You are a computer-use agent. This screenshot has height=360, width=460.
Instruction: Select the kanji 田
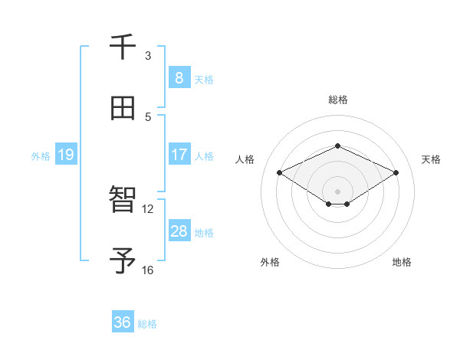point(123,108)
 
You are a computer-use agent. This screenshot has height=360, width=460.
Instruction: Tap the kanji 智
point(123,201)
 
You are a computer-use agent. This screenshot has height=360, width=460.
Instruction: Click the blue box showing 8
point(179,77)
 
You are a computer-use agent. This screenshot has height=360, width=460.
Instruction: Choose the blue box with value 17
point(179,155)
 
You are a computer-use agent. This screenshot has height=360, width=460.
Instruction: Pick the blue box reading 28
point(179,231)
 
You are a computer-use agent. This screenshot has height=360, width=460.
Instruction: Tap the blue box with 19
point(65,155)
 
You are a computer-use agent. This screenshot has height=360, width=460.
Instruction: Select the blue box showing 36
point(122,322)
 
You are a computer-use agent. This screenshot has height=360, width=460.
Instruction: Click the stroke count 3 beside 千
point(148,55)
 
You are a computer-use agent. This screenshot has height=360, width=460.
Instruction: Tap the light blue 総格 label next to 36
point(147,324)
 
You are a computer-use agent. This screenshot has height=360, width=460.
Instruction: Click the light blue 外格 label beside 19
point(41,155)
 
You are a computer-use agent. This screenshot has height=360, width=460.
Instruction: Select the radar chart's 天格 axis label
point(431,159)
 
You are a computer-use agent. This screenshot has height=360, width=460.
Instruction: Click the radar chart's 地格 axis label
point(402,262)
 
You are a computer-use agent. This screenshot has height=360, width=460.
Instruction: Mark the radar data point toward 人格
point(279,172)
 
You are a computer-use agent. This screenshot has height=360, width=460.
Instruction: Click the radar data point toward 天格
point(396,172)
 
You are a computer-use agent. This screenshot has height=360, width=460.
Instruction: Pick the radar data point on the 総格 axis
point(337,146)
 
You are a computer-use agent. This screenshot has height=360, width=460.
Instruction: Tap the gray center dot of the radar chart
point(337,191)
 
